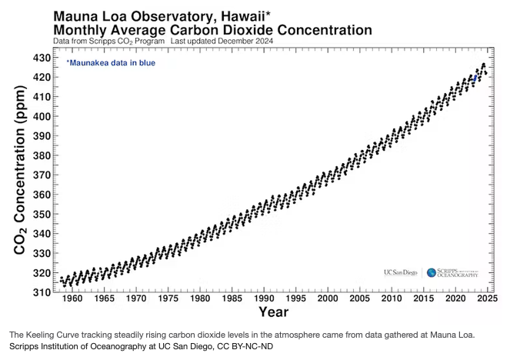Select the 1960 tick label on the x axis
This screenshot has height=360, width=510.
pos(72,299)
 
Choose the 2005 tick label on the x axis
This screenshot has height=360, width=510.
pos(360,299)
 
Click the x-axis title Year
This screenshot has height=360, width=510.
pos(274,312)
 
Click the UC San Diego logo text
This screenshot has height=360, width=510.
pos(400,272)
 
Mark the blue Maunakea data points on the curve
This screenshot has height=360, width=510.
pos(476,78)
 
